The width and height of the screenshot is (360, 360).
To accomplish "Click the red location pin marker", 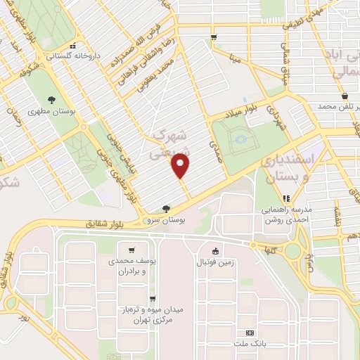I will (x=181, y=166).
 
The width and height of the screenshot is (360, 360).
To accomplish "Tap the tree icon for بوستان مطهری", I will (x=51, y=100).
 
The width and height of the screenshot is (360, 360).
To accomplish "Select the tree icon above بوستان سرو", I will (x=166, y=209).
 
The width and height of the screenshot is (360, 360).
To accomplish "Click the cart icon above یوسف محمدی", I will (x=131, y=250).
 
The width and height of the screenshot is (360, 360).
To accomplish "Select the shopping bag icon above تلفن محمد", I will (x=344, y=96).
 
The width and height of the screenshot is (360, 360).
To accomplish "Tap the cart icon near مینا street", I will (x=213, y=37).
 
